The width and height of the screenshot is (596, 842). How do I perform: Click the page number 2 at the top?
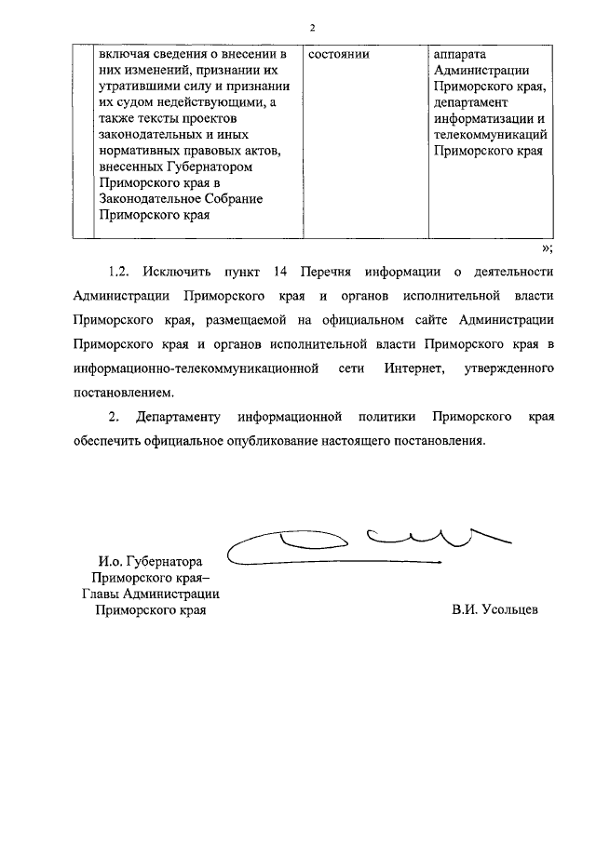(313, 26)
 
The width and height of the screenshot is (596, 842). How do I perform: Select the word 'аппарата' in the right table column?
(460, 54)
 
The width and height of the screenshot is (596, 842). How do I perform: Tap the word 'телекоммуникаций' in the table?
(490, 135)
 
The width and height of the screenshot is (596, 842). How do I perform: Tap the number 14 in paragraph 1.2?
(284, 272)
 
